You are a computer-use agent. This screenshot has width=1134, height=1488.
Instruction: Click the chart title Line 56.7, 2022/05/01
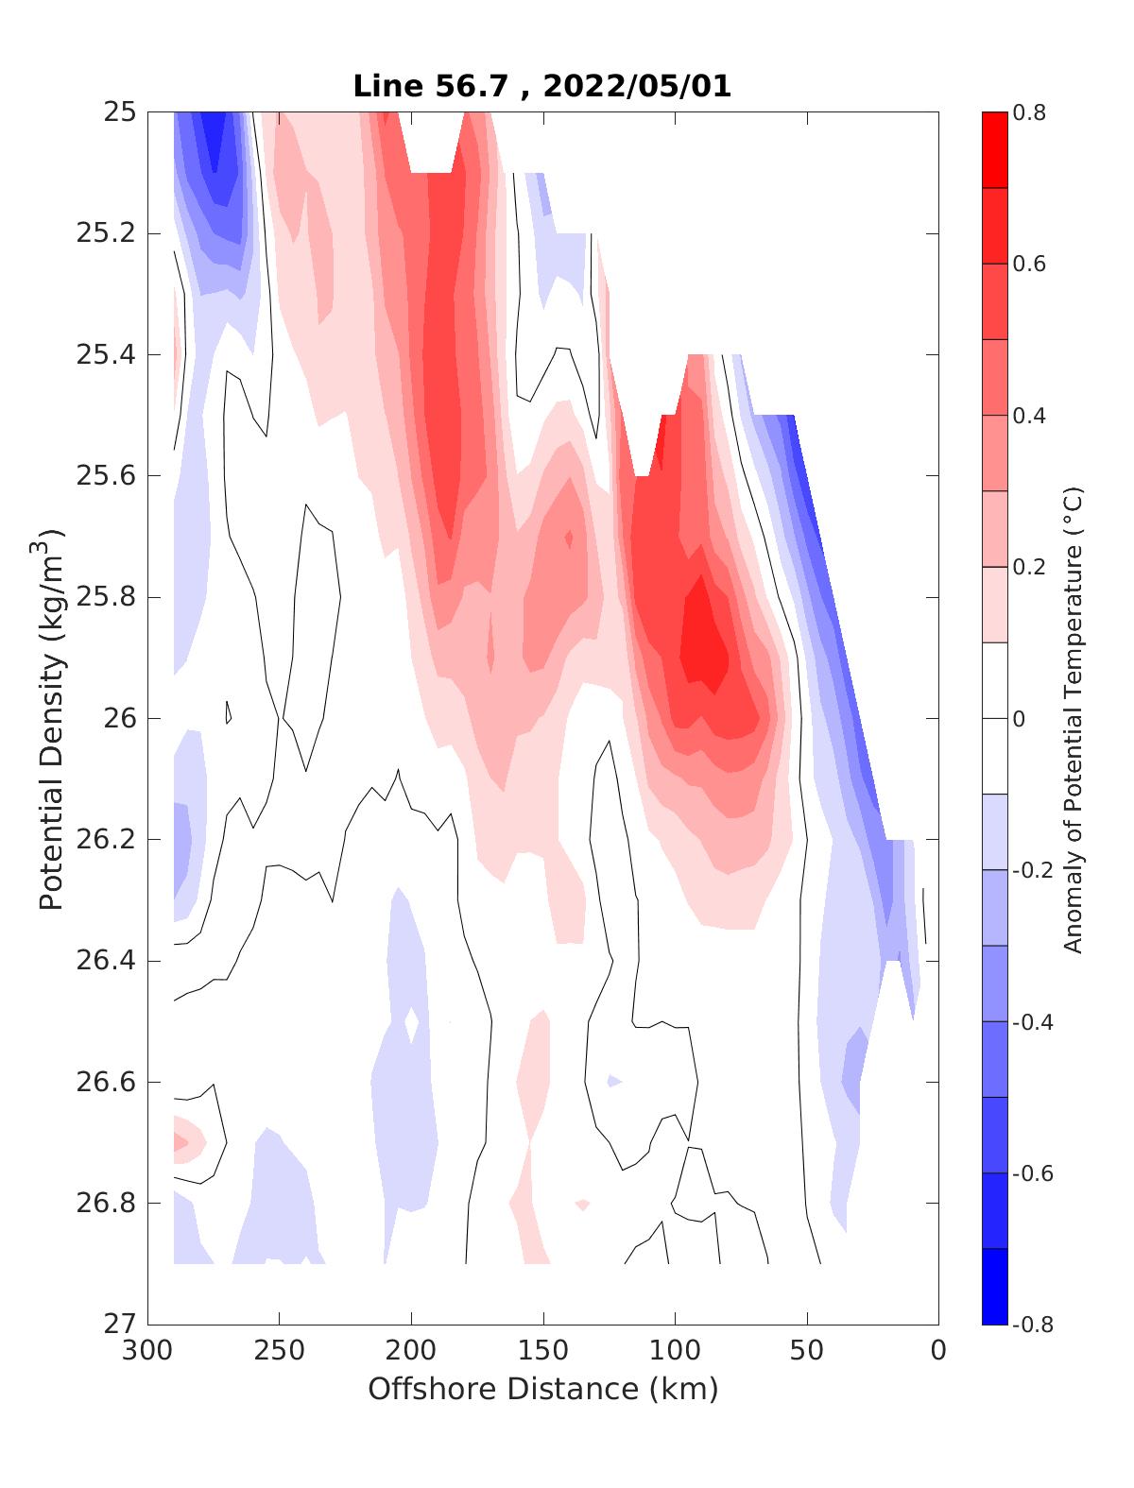542,87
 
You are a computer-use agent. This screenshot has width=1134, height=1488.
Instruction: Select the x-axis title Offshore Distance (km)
542,1389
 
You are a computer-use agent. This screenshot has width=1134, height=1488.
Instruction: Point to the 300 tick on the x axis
147,1351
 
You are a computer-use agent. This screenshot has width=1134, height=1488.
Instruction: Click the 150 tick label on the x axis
542,1351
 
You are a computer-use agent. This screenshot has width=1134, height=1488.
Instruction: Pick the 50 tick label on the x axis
806,1351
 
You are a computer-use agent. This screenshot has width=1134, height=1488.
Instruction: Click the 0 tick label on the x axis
937,1351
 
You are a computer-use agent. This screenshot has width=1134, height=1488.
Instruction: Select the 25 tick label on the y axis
118,112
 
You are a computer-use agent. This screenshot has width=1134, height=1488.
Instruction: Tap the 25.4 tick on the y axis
105,355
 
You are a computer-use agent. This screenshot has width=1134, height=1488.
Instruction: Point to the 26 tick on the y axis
118,719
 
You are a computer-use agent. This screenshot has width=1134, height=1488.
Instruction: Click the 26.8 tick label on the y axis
105,1204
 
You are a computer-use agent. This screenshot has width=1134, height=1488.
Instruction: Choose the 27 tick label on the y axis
118,1325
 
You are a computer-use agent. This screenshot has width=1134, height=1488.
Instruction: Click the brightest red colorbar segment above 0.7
994,150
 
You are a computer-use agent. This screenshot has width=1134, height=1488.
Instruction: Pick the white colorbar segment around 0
994,718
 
